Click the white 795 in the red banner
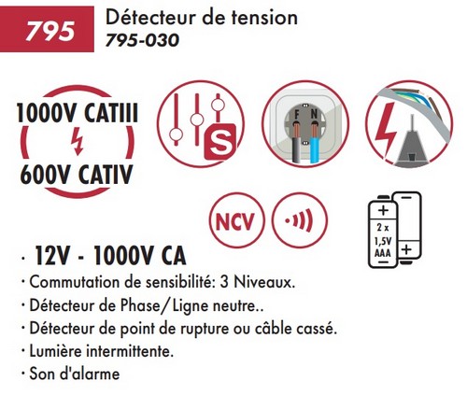(50, 31)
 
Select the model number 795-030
(142, 40)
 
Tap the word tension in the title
(264, 18)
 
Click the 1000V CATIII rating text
(78, 114)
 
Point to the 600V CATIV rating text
(77, 175)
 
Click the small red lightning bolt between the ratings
(77, 142)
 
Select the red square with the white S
(219, 142)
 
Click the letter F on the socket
(297, 115)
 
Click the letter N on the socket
(314, 115)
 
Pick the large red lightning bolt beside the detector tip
(386, 128)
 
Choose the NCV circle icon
(236, 220)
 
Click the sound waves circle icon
(300, 220)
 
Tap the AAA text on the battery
(382, 253)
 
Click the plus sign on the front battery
(383, 210)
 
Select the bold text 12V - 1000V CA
(110, 256)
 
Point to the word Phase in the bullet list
(140, 305)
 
